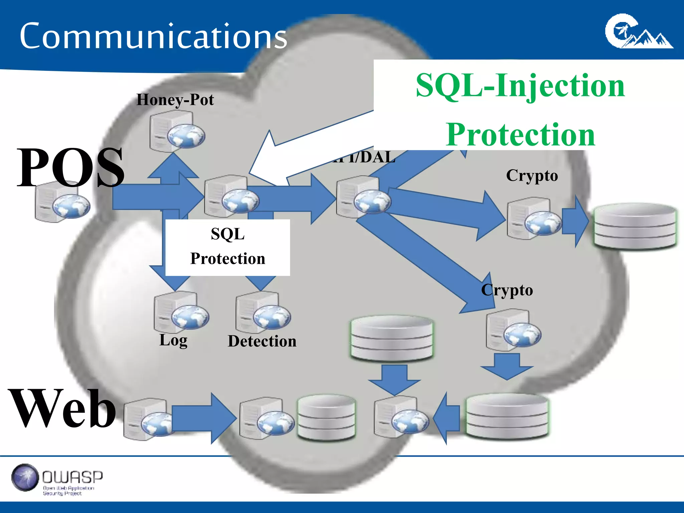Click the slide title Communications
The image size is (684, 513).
tap(153, 36)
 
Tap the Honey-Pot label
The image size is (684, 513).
tap(175, 100)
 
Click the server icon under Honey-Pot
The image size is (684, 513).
tap(176, 131)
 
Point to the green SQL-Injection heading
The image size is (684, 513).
tap(520, 86)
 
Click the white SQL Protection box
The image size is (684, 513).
tap(227, 247)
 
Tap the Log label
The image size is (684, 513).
tap(173, 340)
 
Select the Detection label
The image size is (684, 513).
tap(262, 341)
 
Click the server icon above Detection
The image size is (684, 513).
tap(263, 312)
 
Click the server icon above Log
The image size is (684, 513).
tap(181, 312)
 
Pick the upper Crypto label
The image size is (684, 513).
tap(532, 176)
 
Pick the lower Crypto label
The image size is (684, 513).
tap(507, 290)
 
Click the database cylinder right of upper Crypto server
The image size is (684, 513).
tap(635, 226)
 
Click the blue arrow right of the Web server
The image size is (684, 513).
tap(204, 418)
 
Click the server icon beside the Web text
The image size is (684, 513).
tap(147, 419)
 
